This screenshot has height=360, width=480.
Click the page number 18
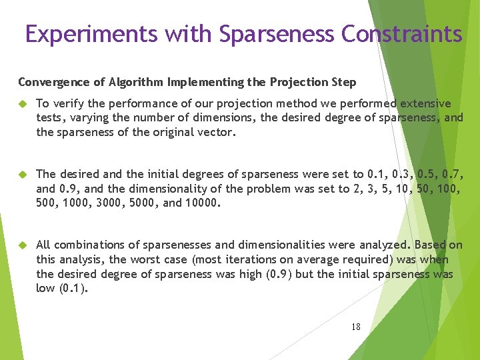(x=355, y=327)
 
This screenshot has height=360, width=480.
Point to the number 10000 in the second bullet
(x=200, y=203)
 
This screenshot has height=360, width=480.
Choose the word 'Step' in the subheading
(x=343, y=83)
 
